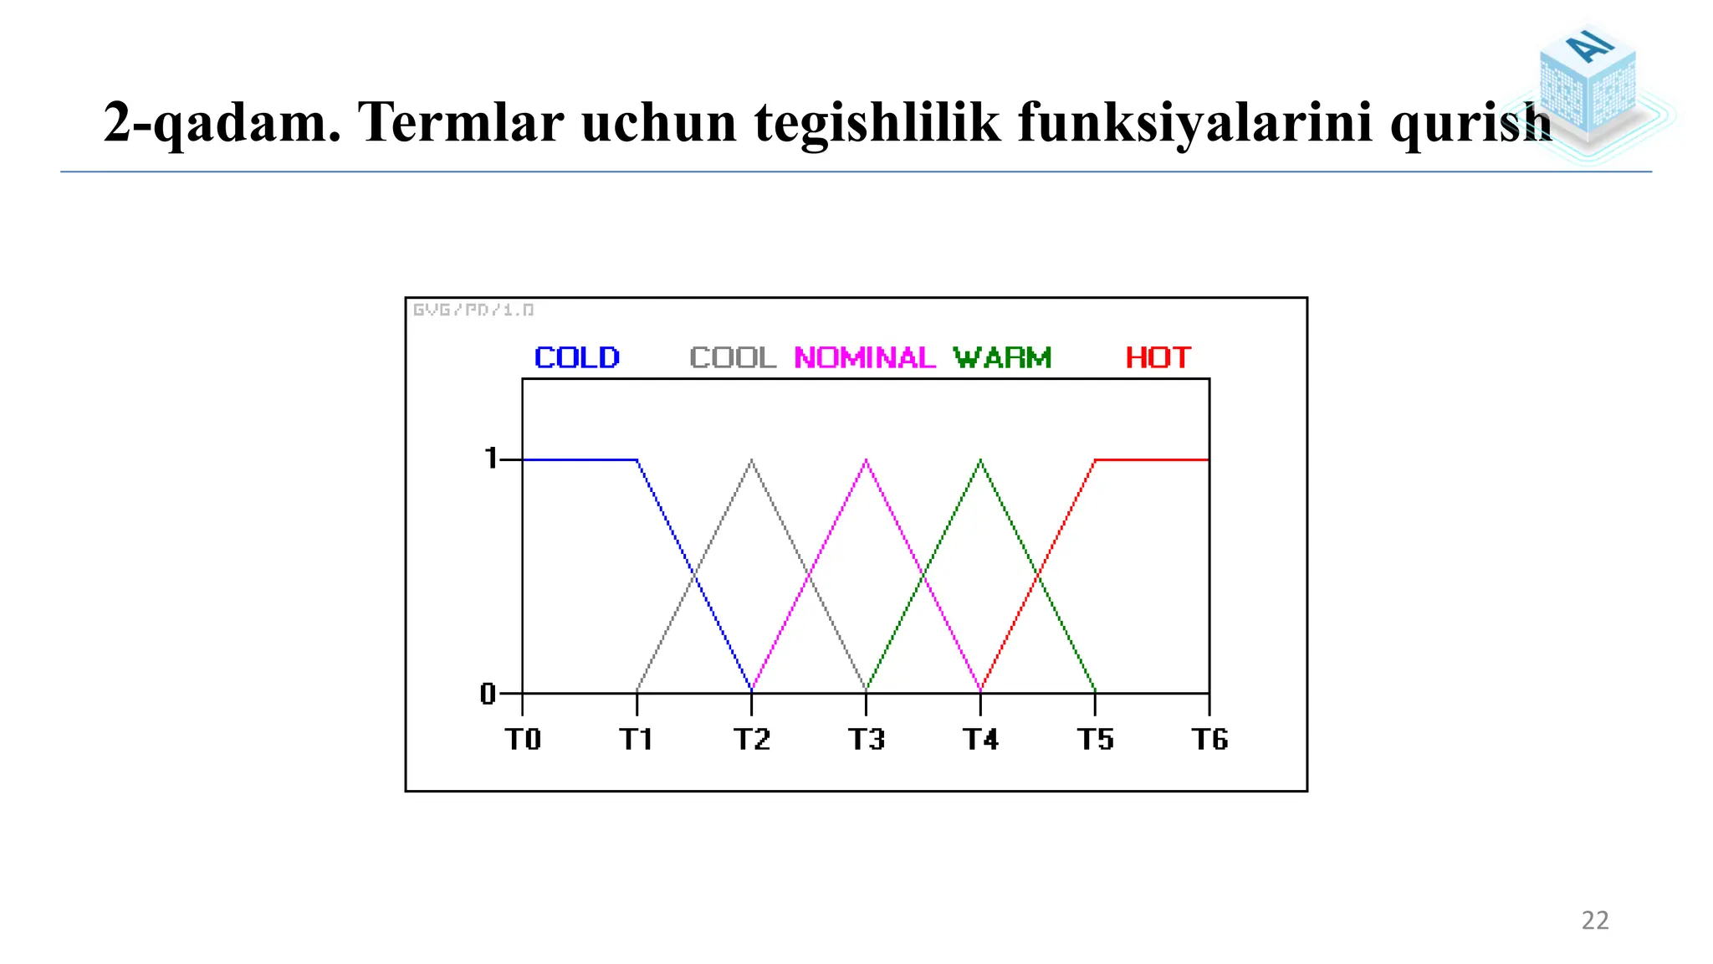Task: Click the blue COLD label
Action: [577, 358]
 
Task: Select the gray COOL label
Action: [734, 358]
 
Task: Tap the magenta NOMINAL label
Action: [865, 358]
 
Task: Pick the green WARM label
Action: [1002, 358]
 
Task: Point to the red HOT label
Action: [1158, 358]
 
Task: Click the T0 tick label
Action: [523, 740]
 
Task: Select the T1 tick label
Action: [637, 740]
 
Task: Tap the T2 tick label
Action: [751, 740]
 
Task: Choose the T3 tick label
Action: [866, 740]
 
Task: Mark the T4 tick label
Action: [980, 740]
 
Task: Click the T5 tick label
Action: [1095, 740]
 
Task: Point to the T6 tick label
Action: [1209, 740]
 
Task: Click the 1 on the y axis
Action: [491, 459]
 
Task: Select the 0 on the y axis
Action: [488, 694]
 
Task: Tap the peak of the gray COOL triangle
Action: [751, 460]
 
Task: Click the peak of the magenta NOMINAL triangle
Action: [866, 460]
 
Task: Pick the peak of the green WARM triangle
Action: [980, 460]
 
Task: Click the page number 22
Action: [1595, 920]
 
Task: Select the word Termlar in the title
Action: [460, 122]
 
